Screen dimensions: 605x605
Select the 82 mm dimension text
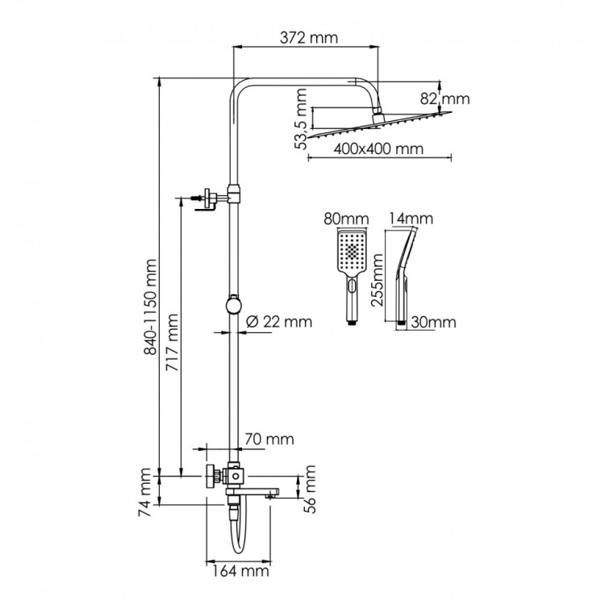tap(445, 99)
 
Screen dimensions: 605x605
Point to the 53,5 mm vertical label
tap(301, 119)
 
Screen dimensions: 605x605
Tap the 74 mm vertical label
tap(147, 490)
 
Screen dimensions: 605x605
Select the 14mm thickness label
tap(411, 219)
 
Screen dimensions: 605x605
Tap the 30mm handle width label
tap(433, 322)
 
